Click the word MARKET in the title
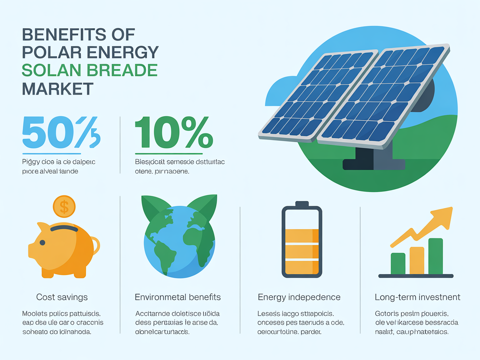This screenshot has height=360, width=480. pyautogui.click(x=57, y=89)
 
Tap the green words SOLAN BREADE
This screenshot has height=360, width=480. pyautogui.click(x=89, y=70)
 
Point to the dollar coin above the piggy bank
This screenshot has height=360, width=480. pyautogui.click(x=64, y=206)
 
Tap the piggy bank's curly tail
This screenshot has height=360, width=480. pyautogui.click(x=95, y=245)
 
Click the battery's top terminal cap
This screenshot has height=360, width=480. pyautogui.click(x=302, y=204)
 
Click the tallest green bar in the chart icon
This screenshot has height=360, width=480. pyautogui.click(x=435, y=256)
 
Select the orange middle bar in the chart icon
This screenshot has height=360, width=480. pyautogui.click(x=417, y=260)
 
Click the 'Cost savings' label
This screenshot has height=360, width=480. pyautogui.click(x=62, y=297)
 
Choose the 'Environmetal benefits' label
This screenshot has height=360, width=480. pyautogui.click(x=177, y=297)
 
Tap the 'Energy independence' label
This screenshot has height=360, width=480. pyautogui.click(x=299, y=297)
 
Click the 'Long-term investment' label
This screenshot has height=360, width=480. pyautogui.click(x=417, y=297)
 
